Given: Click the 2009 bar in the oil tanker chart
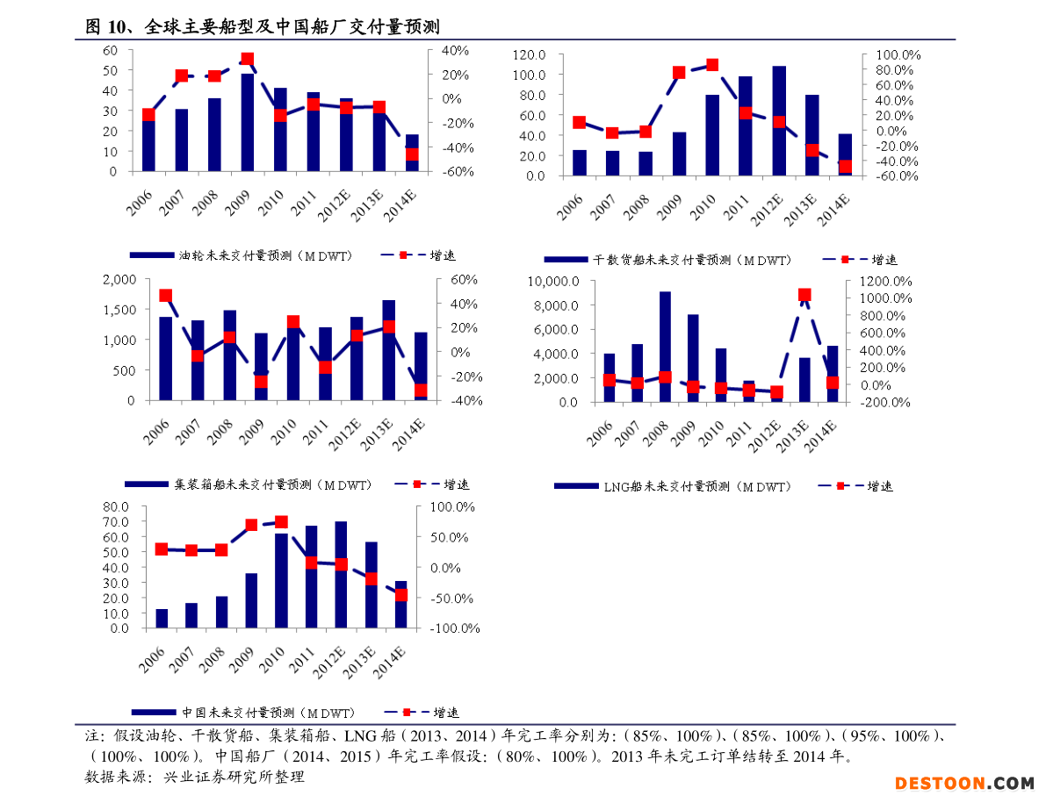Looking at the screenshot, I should pyautogui.click(x=248, y=123).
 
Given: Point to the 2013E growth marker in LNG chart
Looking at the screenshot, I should pyautogui.click(x=804, y=296).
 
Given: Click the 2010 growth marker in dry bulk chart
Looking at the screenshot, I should pyautogui.click(x=712, y=65).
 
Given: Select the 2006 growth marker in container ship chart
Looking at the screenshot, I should pyautogui.click(x=165, y=296).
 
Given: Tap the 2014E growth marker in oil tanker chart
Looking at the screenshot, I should pyautogui.click(x=411, y=155).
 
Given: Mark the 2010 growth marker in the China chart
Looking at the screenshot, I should pyautogui.click(x=282, y=522).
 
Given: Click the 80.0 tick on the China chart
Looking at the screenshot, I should pyautogui.click(x=116, y=507).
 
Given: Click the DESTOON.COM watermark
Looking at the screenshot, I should pyautogui.click(x=964, y=783).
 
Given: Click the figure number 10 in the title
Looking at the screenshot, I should pyautogui.click(x=118, y=26).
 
